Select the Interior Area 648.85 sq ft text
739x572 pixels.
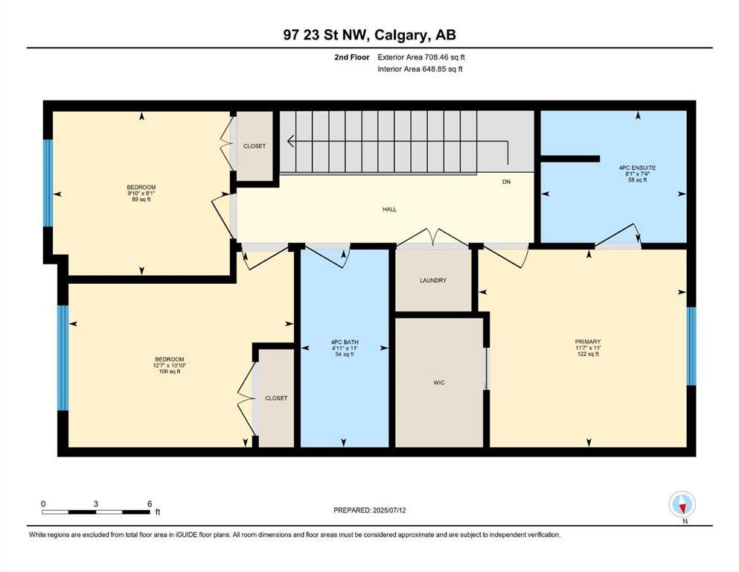(x=421, y=69)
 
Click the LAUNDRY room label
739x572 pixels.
(x=432, y=281)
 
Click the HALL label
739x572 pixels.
(x=388, y=209)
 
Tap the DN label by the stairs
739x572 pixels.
(x=506, y=181)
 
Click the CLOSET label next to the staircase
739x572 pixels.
(x=255, y=146)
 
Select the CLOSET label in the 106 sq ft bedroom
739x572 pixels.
(x=276, y=398)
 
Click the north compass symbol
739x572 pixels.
(x=682, y=505)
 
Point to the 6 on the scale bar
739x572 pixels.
(x=149, y=503)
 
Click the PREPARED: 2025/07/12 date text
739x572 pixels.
(x=371, y=510)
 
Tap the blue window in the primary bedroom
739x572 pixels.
(x=691, y=346)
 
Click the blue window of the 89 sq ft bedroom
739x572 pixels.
(x=48, y=182)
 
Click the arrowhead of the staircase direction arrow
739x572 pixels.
(x=291, y=142)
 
